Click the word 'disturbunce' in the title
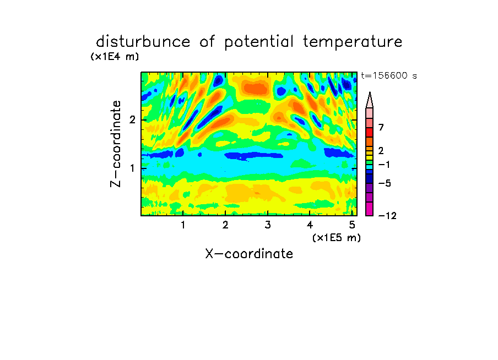(143, 42)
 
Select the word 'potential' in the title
(259, 42)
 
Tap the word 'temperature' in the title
(353, 42)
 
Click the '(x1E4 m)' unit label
(115, 57)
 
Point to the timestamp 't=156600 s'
(389, 75)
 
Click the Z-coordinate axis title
(116, 144)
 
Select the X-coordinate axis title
(249, 254)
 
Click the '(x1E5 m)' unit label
(337, 237)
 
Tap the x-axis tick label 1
(183, 225)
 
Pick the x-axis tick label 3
(268, 225)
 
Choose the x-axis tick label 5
(352, 225)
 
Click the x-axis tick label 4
(310, 225)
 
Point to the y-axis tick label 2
(132, 120)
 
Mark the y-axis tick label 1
(132, 168)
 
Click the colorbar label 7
(381, 128)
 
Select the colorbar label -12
(387, 216)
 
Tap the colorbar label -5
(385, 183)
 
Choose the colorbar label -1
(385, 165)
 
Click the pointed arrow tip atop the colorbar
(370, 92)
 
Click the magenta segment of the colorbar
(370, 209)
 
